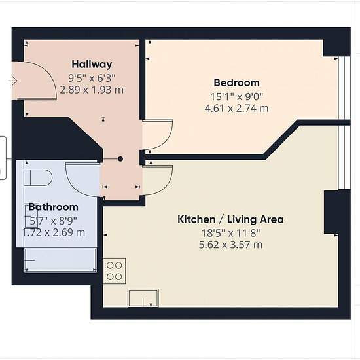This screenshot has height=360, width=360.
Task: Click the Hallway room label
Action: (x=92, y=64)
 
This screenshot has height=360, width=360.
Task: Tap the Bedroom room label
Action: (x=237, y=82)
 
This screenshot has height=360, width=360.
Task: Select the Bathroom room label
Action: (x=53, y=207)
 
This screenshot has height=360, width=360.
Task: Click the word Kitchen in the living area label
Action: (x=196, y=219)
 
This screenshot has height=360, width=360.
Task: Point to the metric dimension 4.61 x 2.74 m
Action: (x=236, y=108)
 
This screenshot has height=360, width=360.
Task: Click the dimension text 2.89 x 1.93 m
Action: (x=92, y=90)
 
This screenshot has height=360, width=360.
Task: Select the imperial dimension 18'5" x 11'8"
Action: (x=231, y=233)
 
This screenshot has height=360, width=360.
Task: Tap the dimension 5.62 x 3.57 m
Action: (x=230, y=245)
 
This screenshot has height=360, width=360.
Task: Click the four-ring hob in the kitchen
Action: (x=115, y=271)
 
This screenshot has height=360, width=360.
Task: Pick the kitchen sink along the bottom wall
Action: (x=143, y=298)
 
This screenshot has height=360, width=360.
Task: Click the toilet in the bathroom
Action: (x=39, y=177)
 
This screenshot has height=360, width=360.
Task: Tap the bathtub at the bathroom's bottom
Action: (x=60, y=260)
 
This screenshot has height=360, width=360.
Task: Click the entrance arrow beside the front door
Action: (x=12, y=81)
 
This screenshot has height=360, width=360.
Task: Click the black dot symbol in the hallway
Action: (x=120, y=159)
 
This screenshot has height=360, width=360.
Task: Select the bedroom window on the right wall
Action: (x=344, y=88)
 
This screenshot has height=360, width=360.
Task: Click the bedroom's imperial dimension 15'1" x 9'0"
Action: (x=236, y=97)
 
